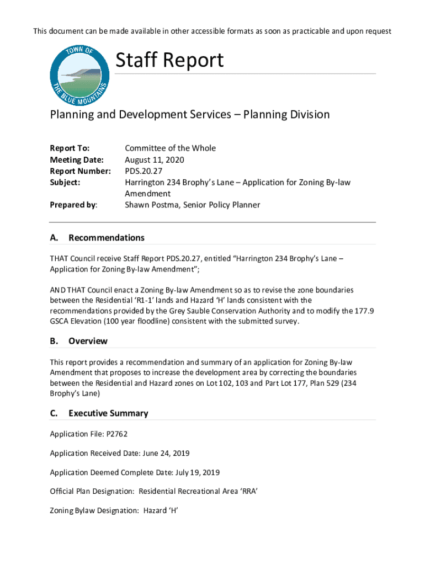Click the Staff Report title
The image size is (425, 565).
point(169,60)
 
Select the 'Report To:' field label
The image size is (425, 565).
point(70,148)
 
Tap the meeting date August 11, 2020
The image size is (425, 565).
point(155,159)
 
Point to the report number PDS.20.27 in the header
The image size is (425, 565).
point(144,171)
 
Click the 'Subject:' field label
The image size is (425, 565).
point(65,182)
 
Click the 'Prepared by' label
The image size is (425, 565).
point(73,205)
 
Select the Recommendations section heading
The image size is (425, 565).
point(107,238)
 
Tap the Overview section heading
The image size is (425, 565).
point(88,341)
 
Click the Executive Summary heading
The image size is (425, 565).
point(108,413)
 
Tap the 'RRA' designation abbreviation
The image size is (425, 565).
point(248,491)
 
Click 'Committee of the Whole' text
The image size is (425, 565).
point(170,148)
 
